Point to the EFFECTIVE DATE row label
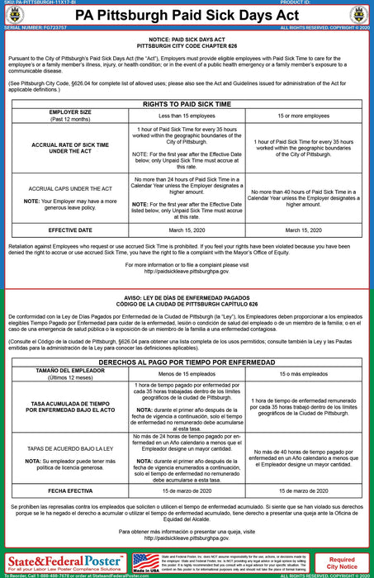point(70,230)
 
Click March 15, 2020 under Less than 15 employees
point(187,230)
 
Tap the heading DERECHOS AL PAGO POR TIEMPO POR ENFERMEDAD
point(187,362)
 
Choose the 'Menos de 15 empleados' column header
point(187,374)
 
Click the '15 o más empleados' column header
point(303,374)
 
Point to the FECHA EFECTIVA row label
point(70,490)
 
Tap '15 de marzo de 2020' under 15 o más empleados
point(303,490)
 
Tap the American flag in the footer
point(145,560)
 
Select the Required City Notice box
point(343,564)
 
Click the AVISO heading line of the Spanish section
point(187,299)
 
